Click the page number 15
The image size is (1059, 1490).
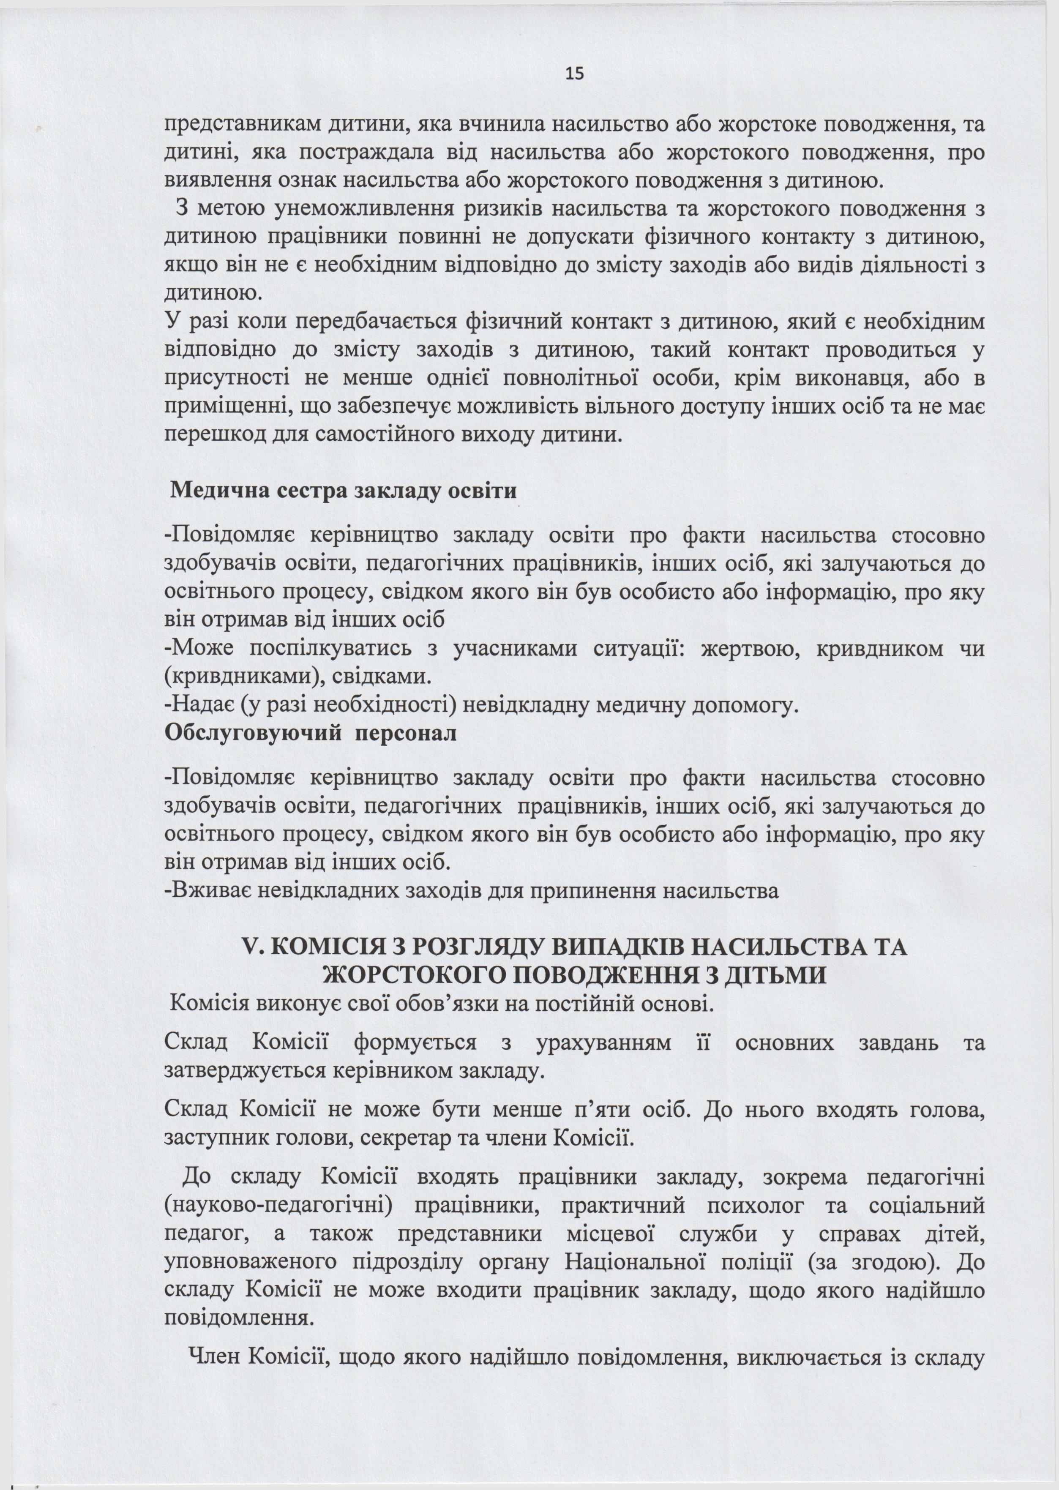point(575,74)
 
